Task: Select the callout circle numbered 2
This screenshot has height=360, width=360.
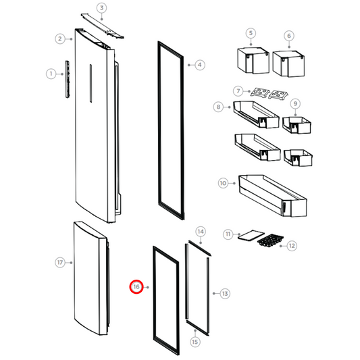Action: point(60,39)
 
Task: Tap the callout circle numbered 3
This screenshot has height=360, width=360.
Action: point(102,9)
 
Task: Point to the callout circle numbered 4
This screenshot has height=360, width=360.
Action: point(199,66)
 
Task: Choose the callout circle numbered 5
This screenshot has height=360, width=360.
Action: point(251,34)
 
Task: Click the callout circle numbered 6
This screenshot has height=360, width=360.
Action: point(288,34)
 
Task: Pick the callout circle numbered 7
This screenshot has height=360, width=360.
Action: point(238,91)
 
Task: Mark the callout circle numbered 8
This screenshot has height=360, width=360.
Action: point(217,107)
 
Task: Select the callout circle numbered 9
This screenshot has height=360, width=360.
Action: point(295,104)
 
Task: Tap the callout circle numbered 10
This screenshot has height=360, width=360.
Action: point(224,183)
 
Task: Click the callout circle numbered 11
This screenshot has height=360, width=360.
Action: point(228,234)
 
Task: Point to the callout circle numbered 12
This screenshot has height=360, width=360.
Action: point(291,246)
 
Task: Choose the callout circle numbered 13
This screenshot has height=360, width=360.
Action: point(225,293)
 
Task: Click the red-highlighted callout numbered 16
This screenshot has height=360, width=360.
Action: point(136,287)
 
